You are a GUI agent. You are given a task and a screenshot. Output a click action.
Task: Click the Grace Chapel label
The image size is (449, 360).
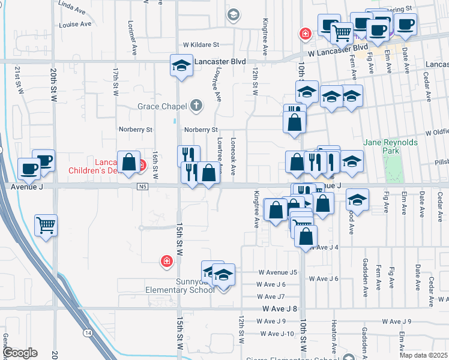click(162, 106)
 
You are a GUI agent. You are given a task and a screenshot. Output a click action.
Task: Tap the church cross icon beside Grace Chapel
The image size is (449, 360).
click(196, 106)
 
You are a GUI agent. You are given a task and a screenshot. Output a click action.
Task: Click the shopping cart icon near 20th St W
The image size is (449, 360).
click(46, 226)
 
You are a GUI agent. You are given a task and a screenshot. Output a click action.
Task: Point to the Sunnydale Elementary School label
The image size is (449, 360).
click(180, 286)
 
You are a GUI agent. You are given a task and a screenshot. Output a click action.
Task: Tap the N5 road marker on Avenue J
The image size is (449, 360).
click(142, 187)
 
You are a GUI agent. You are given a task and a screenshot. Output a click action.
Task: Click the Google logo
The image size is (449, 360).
click(20, 353)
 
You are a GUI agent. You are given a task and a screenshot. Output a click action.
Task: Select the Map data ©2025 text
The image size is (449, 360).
click(423, 355)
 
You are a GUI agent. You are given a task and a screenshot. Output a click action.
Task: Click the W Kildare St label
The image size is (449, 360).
click(202, 44)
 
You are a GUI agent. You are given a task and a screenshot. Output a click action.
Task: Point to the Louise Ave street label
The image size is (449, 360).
click(75, 25)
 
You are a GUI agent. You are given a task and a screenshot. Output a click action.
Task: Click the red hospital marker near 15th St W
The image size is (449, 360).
click(166, 261)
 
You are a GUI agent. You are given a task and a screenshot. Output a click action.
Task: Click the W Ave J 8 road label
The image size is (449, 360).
click(280, 308)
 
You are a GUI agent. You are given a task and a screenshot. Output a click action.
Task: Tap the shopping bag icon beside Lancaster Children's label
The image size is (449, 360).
click(128, 161)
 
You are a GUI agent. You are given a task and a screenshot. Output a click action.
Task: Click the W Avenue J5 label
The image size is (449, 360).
click(277, 272)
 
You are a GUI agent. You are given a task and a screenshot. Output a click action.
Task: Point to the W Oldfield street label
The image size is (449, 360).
click(436, 132)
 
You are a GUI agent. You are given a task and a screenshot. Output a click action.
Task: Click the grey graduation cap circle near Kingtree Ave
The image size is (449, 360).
click(234, 15)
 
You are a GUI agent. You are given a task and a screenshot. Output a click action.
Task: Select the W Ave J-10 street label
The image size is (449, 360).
click(277, 334)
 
